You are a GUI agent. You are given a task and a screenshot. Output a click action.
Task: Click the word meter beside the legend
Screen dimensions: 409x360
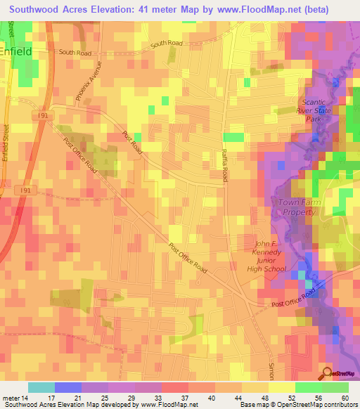[x=11, y=397]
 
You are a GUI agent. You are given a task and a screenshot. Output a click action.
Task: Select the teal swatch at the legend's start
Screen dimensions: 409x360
[x=41, y=387]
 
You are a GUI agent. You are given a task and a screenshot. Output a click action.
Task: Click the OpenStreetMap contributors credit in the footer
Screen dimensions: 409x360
[x=316, y=405]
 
